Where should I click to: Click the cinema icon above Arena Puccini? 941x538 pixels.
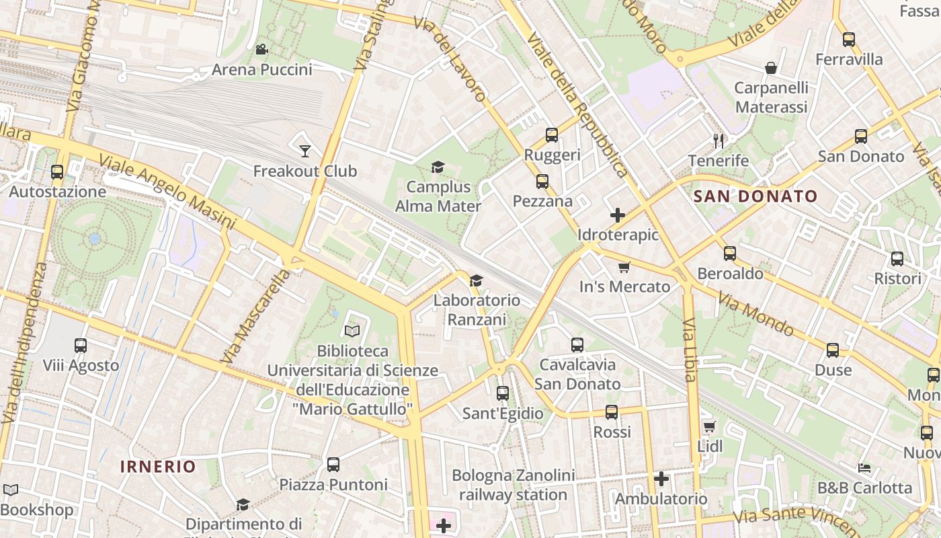[261, 49]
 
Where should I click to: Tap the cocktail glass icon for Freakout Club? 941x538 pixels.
[304, 151]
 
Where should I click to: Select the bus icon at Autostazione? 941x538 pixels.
[57, 171]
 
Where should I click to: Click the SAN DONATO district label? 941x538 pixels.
[755, 197]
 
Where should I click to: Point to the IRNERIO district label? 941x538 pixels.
[158, 467]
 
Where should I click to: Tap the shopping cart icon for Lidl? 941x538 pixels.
[709, 426]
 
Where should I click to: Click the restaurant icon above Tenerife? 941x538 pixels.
[718, 141]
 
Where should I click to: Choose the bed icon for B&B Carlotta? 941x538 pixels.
[864, 467]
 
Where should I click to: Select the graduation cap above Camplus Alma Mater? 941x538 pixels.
[438, 167]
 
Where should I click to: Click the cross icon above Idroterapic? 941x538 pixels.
[617, 215]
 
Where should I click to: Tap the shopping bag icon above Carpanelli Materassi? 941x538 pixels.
[771, 67]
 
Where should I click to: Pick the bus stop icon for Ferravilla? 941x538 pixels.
[849, 39]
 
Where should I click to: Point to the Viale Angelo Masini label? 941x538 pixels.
[167, 191]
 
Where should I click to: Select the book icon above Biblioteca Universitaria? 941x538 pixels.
[352, 330]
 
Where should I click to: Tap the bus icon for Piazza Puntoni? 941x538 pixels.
[333, 464]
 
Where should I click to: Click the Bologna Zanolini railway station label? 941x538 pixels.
[513, 486]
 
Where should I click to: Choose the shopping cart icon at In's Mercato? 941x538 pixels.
[624, 267]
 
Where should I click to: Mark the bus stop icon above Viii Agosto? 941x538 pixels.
[81, 345]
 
